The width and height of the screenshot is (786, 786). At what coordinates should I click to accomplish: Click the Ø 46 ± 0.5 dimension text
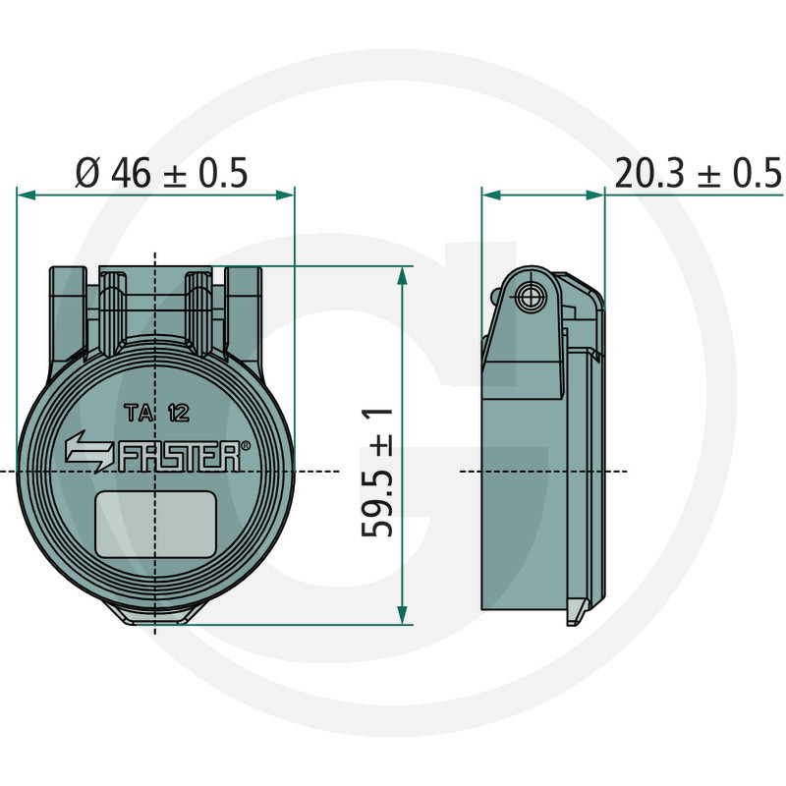pyautogui.click(x=161, y=173)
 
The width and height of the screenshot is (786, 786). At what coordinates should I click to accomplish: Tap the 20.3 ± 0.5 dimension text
pyautogui.click(x=699, y=174)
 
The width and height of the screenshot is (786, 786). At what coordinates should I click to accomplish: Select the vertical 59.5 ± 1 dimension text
pyautogui.click(x=377, y=473)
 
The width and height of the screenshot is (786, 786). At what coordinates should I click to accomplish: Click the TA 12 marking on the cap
pyautogui.click(x=157, y=413)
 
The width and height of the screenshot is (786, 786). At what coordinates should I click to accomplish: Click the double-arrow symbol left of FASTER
pyautogui.click(x=90, y=451)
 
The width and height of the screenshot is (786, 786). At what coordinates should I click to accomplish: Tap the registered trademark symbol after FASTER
pyautogui.click(x=246, y=445)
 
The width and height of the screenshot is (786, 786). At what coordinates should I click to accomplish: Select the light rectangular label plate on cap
pyautogui.click(x=156, y=525)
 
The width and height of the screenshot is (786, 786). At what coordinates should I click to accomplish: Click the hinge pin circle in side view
pyautogui.click(x=530, y=298)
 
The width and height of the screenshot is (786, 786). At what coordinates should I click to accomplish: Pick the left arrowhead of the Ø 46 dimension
pyautogui.click(x=27, y=195)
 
